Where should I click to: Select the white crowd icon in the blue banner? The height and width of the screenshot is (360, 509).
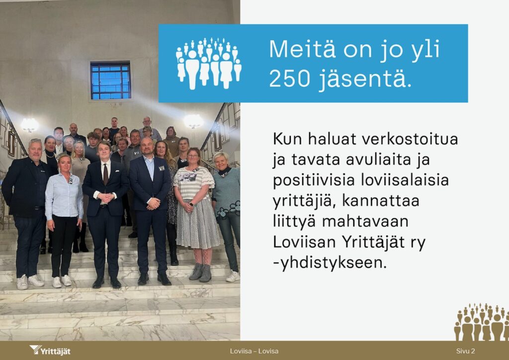click(x=209, y=63)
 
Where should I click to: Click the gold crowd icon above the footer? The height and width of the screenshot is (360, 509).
click(x=481, y=322)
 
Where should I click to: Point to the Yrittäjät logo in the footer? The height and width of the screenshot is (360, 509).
click(x=50, y=350)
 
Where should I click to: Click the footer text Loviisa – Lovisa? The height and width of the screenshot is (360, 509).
click(x=254, y=351)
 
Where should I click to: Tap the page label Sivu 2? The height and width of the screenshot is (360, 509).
click(x=465, y=351)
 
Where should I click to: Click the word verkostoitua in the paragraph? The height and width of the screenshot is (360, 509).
click(x=410, y=139)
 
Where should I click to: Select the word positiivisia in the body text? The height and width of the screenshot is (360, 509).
click(x=314, y=181)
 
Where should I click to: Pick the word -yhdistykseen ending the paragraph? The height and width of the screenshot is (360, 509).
click(x=330, y=263)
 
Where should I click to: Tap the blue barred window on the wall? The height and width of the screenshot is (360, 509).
click(x=110, y=81)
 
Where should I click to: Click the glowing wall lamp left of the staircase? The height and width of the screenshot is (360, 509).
click(x=29, y=125)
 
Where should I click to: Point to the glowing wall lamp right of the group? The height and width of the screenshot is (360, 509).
click(x=193, y=121)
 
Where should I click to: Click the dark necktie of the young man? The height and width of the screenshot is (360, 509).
click(x=105, y=175)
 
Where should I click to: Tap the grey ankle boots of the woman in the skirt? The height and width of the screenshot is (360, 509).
click(x=201, y=272)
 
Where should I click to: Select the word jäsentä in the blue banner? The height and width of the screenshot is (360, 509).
click(x=365, y=79)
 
